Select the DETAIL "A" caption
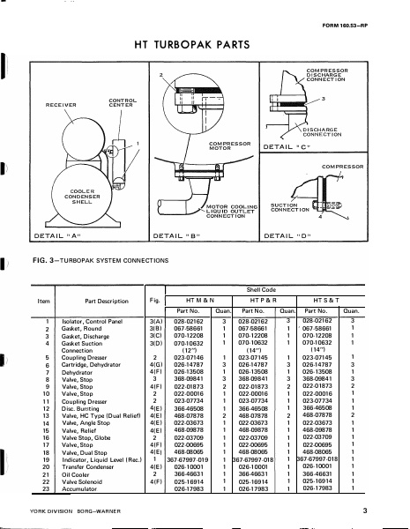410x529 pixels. click(x=37, y=236)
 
